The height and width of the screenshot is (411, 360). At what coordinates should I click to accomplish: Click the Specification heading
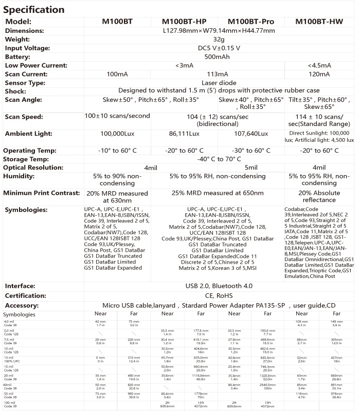tap(34, 9)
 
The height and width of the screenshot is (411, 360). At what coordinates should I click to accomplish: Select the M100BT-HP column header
tap(184, 22)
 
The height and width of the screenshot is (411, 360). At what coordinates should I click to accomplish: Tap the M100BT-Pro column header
tap(251, 22)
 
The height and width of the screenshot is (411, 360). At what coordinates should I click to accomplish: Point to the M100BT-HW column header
tap(319, 22)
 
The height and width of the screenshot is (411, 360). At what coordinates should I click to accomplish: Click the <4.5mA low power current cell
tap(319, 65)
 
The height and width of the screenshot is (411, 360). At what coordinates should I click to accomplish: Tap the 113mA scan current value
tap(217, 74)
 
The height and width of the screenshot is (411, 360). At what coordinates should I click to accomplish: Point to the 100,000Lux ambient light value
tap(117, 134)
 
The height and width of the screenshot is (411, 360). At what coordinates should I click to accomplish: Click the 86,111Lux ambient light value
tap(184, 134)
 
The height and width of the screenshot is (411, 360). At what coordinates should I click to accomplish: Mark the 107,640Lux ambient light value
tap(251, 134)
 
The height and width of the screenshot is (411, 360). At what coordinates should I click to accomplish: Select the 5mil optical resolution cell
tap(251, 167)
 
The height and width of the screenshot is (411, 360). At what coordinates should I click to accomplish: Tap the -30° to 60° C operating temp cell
tap(251, 151)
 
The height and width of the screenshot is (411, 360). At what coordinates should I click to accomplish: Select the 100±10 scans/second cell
tap(117, 116)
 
